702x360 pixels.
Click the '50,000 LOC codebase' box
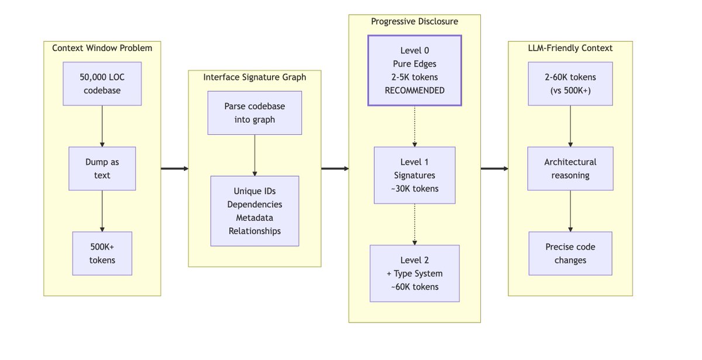point(102,84)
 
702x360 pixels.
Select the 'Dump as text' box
point(102,168)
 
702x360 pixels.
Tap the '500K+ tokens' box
point(102,253)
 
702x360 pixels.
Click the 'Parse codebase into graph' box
point(254,113)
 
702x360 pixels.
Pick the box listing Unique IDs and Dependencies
point(254,211)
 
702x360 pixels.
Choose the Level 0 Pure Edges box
point(414,70)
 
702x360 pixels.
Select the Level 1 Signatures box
point(414,174)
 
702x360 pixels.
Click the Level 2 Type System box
point(414,273)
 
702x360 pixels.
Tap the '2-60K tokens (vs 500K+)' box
point(570,84)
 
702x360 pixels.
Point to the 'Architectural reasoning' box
point(570,169)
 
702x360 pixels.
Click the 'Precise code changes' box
point(570,253)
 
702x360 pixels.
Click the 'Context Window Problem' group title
point(102,48)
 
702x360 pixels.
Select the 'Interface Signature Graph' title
point(254,77)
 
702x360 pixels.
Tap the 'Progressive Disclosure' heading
point(414,22)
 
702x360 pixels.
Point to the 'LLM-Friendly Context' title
point(570,48)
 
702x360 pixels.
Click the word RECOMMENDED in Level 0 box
point(414,90)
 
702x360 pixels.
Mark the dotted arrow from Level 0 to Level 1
point(414,126)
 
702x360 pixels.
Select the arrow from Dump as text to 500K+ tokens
point(102,211)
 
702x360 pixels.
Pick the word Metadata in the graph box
point(254,218)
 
